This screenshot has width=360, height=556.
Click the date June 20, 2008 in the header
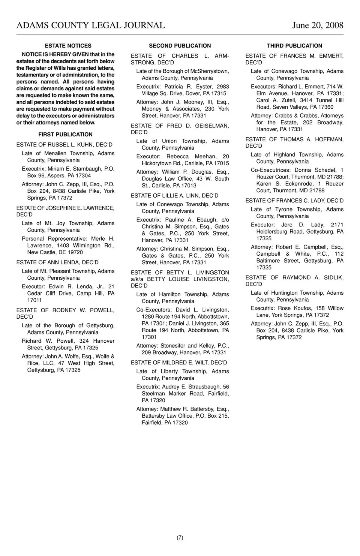[x=318, y=25]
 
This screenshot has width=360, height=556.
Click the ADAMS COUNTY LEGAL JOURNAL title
[x=91, y=25]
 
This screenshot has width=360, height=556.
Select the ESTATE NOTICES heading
[x=68, y=46]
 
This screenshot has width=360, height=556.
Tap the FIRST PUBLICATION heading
[x=65, y=135]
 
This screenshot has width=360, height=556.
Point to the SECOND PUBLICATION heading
[x=180, y=46]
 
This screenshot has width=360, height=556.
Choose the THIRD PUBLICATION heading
[x=294, y=46]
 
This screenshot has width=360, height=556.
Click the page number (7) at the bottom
[x=180, y=538]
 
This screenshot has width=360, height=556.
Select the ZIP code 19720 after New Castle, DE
[x=76, y=252]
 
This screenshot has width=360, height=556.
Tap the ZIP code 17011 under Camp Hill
[x=34, y=300]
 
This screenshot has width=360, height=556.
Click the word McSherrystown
[x=210, y=71]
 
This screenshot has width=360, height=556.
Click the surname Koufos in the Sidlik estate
[x=302, y=309]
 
